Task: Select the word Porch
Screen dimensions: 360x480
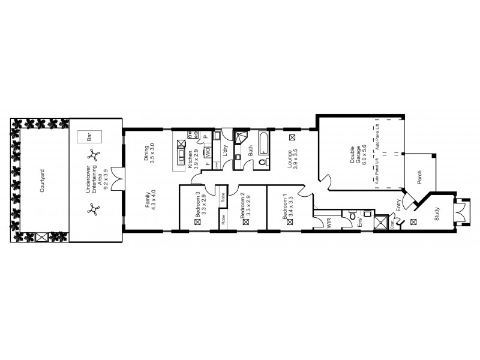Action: (x=420, y=178)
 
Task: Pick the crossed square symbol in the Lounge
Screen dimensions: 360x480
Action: (x=292, y=137)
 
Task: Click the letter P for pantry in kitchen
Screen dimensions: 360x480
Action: (x=206, y=137)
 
